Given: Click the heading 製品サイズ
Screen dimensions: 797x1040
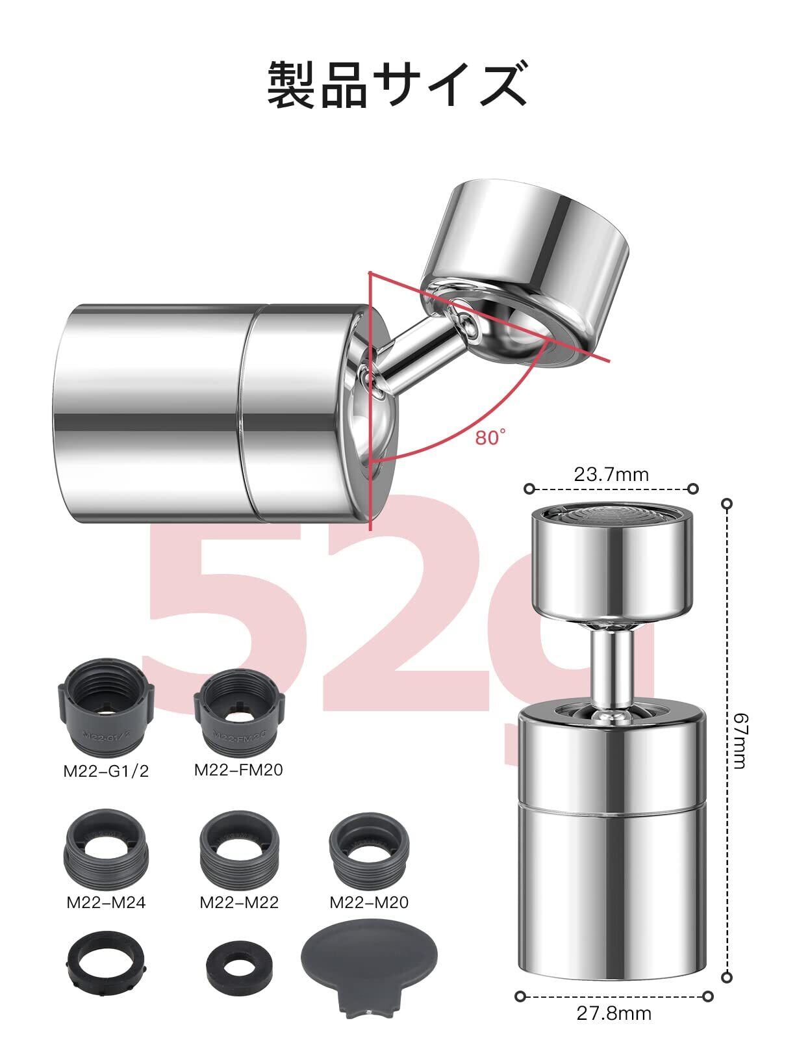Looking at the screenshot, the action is coord(397,84).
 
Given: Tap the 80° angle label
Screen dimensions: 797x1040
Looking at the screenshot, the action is coord(490,437).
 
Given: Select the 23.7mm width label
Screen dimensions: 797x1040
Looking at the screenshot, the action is coord(611,474).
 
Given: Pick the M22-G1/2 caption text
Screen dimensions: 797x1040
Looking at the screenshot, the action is coord(106,771).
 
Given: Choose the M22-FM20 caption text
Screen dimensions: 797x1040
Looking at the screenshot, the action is coord(238,770).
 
